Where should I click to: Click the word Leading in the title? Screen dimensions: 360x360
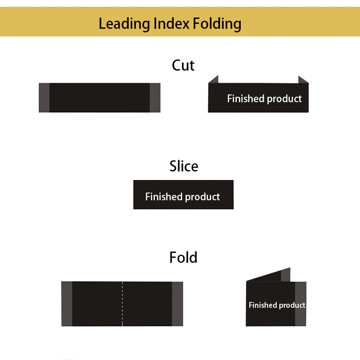(124, 24)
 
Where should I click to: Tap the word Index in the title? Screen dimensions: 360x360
(171, 23)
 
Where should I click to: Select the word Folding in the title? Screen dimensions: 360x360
(217, 24)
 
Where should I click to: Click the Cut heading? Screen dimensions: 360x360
(183, 65)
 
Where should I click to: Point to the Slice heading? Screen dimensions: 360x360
(184, 166)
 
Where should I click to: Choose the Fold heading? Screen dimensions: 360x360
(183, 257)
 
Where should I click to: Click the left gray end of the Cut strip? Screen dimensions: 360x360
(44, 98)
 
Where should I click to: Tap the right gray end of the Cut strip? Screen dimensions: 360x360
(155, 98)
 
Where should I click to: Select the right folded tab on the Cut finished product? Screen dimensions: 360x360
(303, 80)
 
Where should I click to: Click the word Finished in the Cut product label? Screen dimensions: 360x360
(246, 99)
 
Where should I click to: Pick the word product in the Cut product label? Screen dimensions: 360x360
(284, 99)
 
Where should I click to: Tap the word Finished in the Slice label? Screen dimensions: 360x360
(164, 197)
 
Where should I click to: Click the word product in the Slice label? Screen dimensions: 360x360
(202, 197)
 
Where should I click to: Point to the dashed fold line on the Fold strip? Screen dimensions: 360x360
(122, 304)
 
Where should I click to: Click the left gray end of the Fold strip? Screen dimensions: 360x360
(67, 304)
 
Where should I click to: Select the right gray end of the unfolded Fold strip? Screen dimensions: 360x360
(177, 304)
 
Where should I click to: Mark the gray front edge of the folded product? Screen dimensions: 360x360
(301, 304)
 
